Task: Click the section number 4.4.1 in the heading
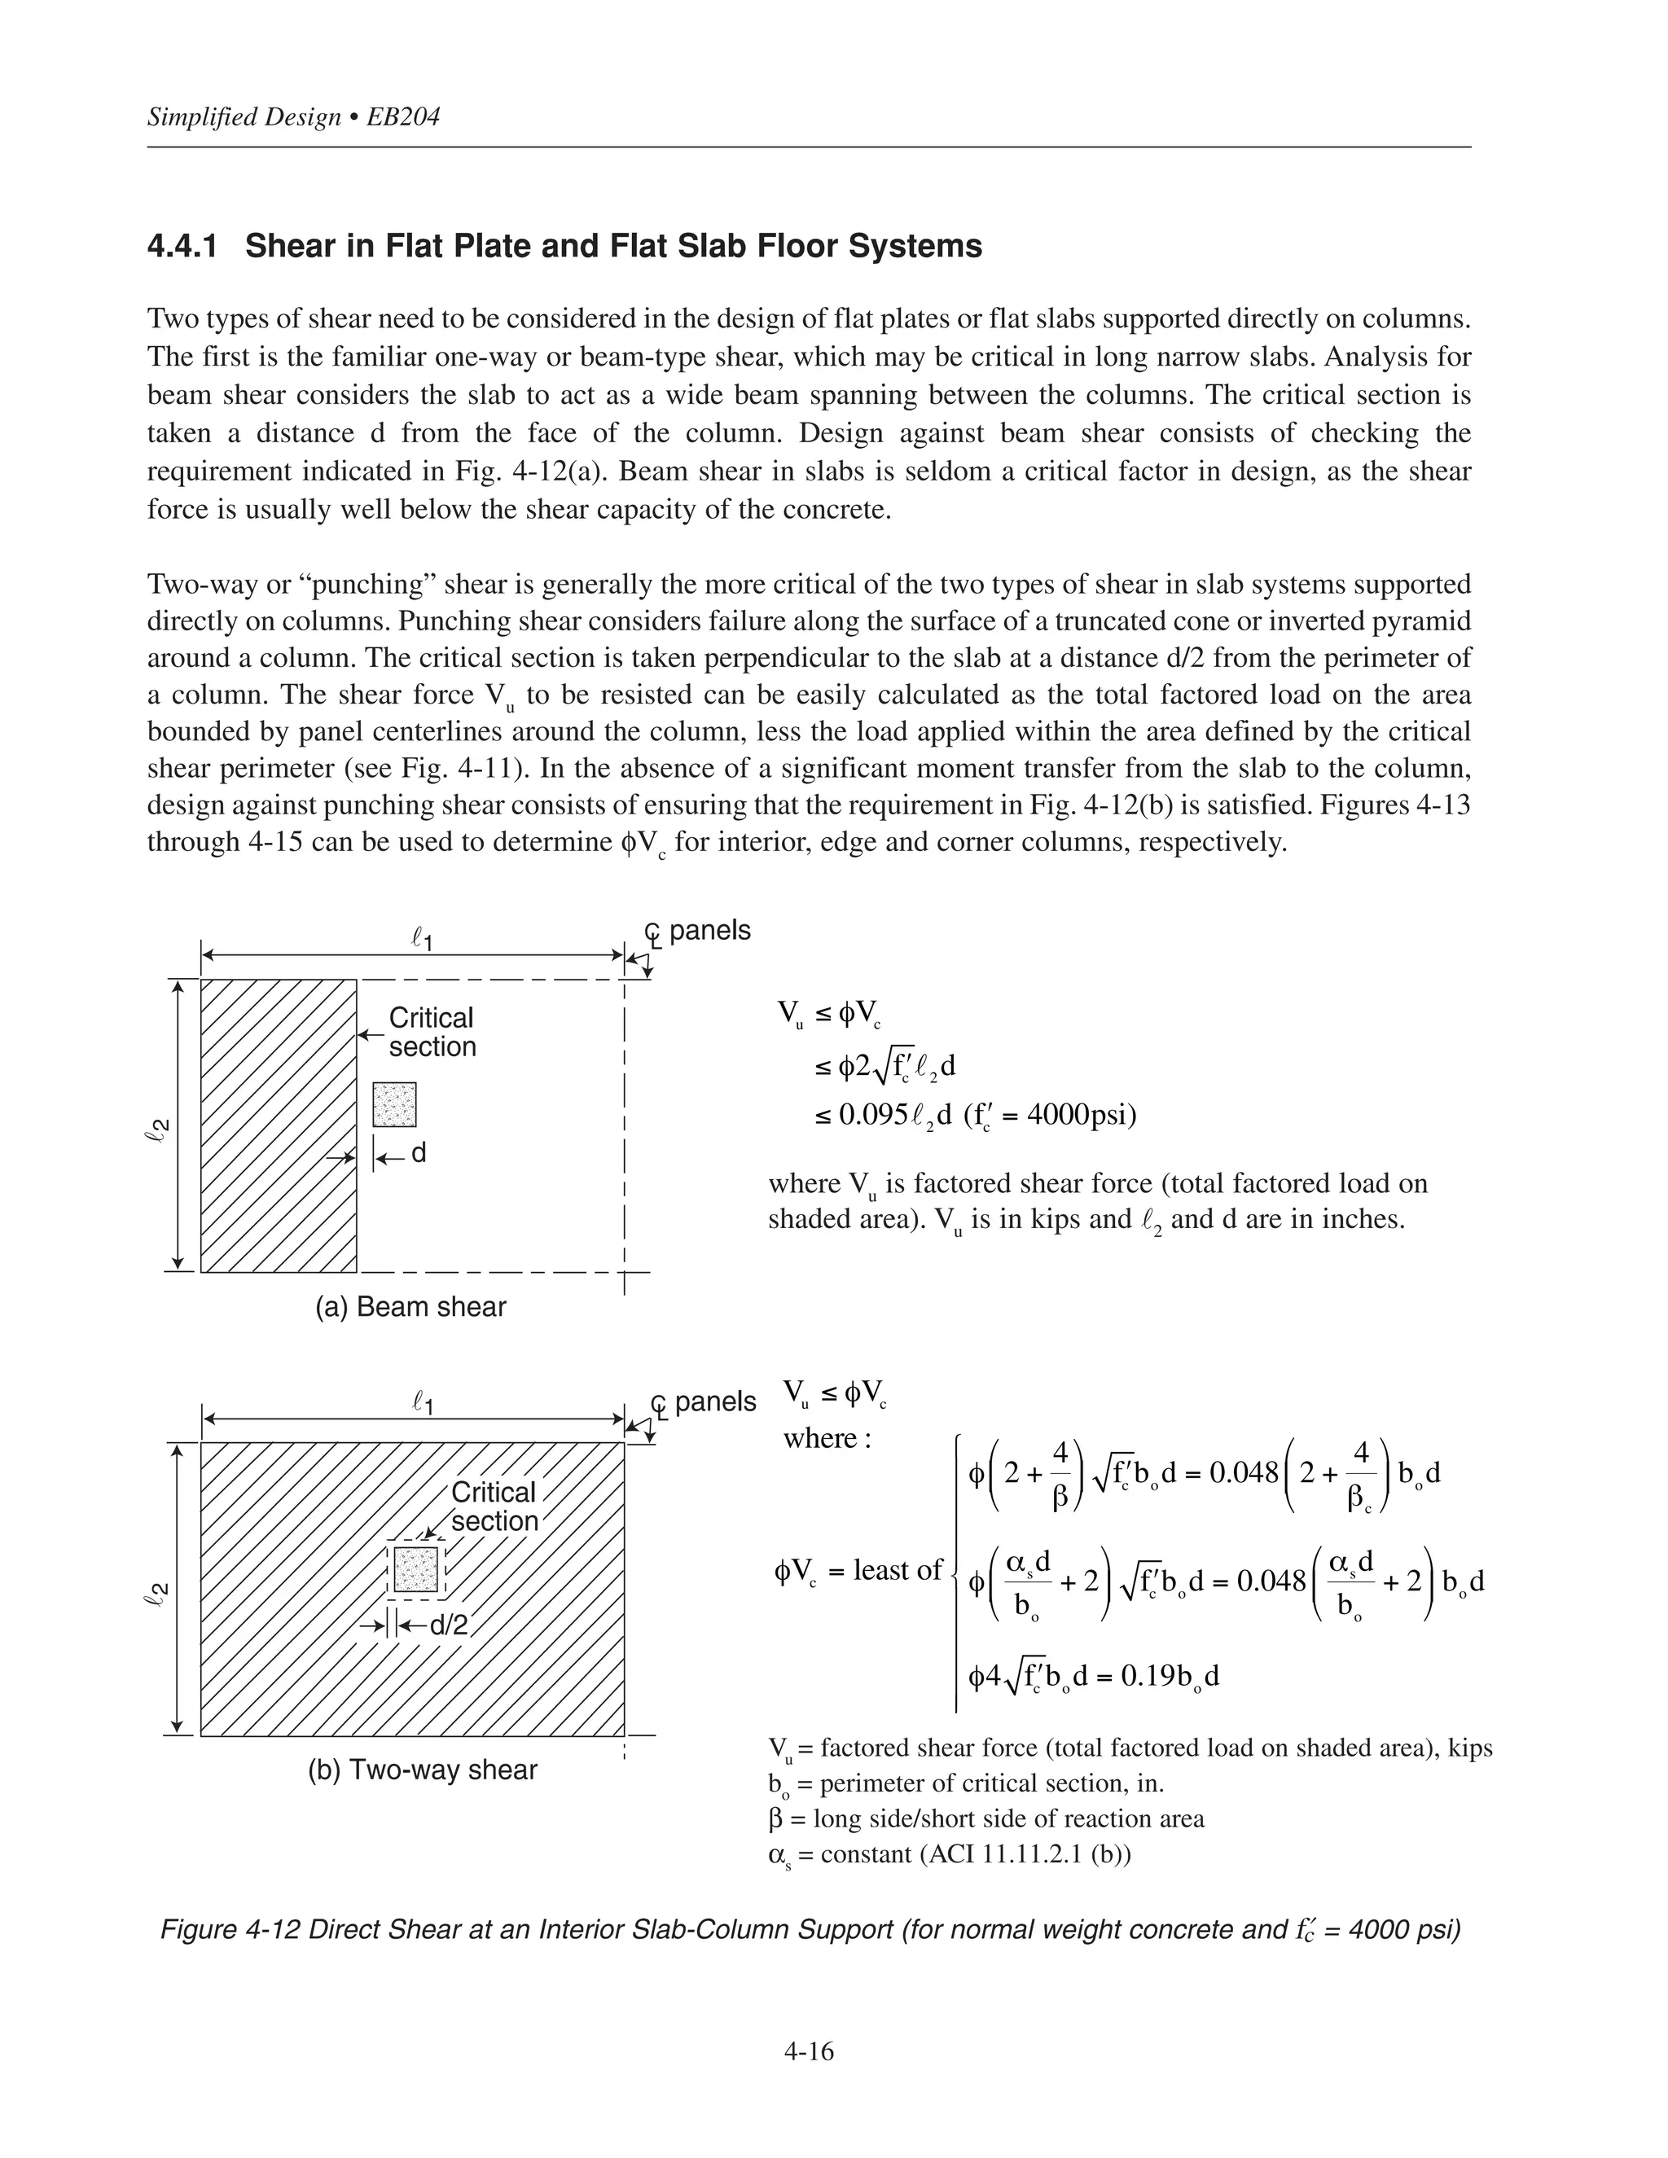pos(182,246)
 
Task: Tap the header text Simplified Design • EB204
pos(293,117)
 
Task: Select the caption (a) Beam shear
pos(410,1306)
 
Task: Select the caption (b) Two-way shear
pos(422,1769)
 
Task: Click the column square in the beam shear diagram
pos(394,1105)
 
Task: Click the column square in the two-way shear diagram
pos(416,1568)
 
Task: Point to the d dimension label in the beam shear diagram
pos(418,1153)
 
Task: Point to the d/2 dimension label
pos(448,1625)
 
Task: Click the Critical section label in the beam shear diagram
pos(432,1032)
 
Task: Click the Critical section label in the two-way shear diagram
pos(494,1506)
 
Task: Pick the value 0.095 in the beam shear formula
pos(872,1116)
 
